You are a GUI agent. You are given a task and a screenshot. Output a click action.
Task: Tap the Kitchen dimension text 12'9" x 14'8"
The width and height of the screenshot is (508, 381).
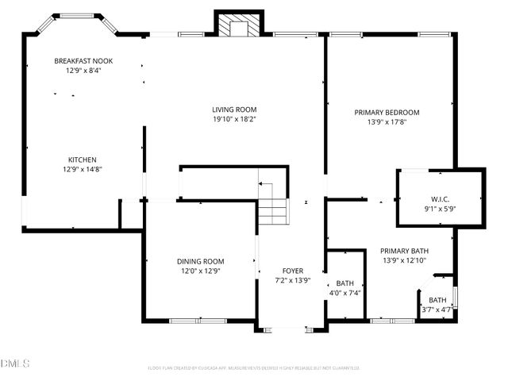pyautogui.click(x=83, y=169)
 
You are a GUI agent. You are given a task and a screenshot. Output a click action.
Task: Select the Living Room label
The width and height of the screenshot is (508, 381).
pyautogui.click(x=234, y=110)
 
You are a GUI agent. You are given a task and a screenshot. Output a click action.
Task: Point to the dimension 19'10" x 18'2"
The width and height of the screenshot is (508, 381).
pyautogui.click(x=234, y=119)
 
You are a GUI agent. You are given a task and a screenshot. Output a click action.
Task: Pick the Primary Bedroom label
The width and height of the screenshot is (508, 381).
pyautogui.click(x=387, y=112)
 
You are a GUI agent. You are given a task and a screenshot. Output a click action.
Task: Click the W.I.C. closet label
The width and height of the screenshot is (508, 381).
pyautogui.click(x=441, y=199)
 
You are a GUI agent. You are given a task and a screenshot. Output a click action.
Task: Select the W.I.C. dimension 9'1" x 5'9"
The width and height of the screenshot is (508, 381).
pyautogui.click(x=441, y=209)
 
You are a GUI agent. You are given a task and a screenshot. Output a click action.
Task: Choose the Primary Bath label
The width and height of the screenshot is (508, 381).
pyautogui.click(x=404, y=250)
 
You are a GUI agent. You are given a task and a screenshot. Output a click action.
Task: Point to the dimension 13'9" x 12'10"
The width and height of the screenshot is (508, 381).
pyautogui.click(x=404, y=260)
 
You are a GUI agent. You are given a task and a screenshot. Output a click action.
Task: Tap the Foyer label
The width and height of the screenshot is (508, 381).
pyautogui.click(x=292, y=271)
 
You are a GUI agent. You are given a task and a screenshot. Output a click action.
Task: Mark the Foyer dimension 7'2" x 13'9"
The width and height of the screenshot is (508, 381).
pyautogui.click(x=292, y=280)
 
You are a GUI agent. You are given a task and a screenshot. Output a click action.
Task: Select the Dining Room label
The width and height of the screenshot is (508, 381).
pyautogui.click(x=200, y=261)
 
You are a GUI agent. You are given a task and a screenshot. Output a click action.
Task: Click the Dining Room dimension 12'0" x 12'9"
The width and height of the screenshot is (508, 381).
pyautogui.click(x=200, y=271)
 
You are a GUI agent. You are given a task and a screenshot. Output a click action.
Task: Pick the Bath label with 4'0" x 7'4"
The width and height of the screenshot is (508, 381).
pyautogui.click(x=345, y=283)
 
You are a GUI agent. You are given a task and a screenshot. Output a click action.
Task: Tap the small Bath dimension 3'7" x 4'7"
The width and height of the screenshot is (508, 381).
pyautogui.click(x=437, y=310)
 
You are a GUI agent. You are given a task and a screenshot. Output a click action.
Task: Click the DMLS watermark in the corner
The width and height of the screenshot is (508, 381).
pyautogui.click(x=15, y=364)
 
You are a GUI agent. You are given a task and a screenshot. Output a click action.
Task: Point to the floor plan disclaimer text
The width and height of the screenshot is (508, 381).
pyautogui.click(x=254, y=368)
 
